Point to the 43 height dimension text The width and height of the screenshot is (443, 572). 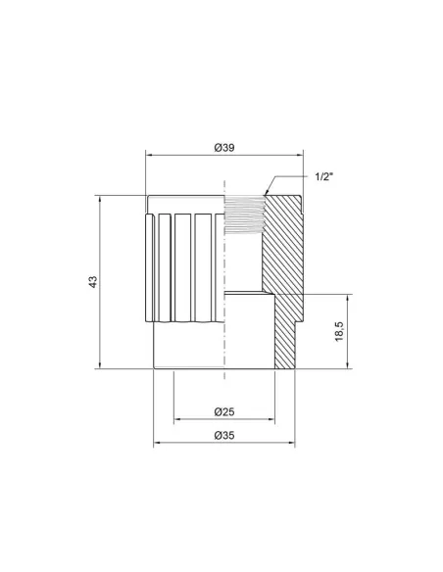click(92, 282)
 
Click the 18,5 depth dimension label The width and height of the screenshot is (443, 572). click(338, 331)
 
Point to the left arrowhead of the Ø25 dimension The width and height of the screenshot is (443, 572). click(176, 419)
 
